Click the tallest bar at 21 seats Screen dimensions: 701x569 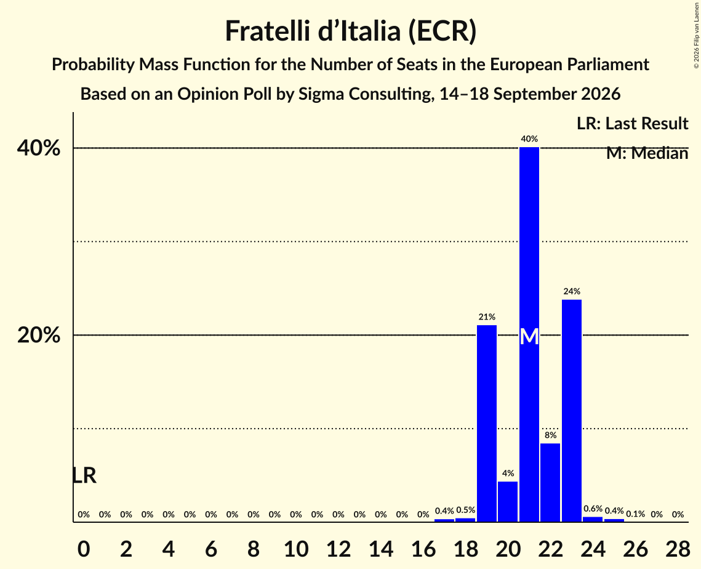(529, 334)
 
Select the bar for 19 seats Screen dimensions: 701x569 (487, 424)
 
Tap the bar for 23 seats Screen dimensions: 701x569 (572, 411)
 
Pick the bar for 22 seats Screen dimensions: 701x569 (550, 483)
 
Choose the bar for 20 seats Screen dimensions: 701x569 (508, 501)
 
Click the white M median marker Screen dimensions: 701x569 (529, 337)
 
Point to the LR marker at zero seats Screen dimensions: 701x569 (84, 475)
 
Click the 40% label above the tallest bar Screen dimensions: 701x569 (529, 139)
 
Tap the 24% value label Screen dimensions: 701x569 (572, 292)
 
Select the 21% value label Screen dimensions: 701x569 (487, 317)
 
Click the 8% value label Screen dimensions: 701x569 (550, 435)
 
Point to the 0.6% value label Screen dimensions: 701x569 (593, 509)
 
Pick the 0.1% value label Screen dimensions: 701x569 (635, 514)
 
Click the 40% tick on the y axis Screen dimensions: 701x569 (38, 148)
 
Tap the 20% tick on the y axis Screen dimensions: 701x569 (38, 335)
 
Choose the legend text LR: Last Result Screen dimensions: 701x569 (632, 123)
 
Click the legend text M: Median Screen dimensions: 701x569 (647, 153)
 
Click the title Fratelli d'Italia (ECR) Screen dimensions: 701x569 (351, 31)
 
